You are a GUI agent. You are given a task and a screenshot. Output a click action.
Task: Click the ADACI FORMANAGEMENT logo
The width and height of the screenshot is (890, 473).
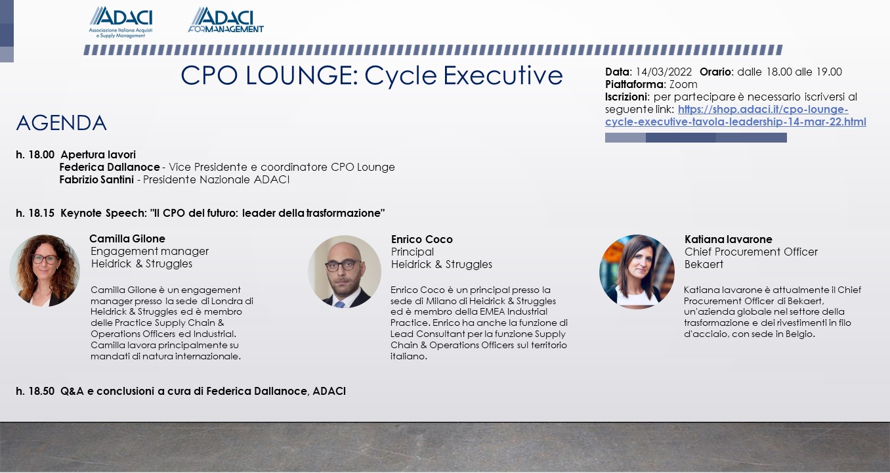click(x=226, y=20)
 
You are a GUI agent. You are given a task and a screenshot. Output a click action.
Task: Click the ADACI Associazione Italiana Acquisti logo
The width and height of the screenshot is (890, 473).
click(x=121, y=22)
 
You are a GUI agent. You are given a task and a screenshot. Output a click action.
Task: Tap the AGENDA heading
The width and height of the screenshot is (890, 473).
click(x=61, y=123)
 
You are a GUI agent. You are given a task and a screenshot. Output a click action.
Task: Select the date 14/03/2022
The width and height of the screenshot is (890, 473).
click(x=664, y=72)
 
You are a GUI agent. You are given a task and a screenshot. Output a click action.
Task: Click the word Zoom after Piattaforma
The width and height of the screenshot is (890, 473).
click(x=683, y=84)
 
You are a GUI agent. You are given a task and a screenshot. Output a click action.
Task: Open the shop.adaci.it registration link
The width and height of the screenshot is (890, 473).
click(x=736, y=116)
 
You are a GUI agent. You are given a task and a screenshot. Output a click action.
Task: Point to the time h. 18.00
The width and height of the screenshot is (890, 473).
click(x=35, y=154)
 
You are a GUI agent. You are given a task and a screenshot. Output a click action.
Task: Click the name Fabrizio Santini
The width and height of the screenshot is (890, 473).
click(x=96, y=180)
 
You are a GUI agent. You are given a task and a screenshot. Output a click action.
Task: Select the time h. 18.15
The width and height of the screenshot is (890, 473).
click(x=35, y=214)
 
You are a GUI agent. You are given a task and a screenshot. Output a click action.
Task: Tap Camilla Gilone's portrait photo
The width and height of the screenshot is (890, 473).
click(x=45, y=271)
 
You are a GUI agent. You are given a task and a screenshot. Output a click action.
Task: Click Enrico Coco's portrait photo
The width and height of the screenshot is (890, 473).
click(x=345, y=271)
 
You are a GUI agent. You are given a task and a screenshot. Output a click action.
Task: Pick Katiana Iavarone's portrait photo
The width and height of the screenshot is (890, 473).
click(x=637, y=271)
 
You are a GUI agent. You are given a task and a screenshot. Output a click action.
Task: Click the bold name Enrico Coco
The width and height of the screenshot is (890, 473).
click(x=422, y=240)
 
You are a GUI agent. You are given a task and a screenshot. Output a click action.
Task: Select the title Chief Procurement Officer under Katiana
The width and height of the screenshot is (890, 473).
click(x=751, y=252)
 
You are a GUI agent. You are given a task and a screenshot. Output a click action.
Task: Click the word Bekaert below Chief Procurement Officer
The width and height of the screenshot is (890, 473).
click(x=704, y=265)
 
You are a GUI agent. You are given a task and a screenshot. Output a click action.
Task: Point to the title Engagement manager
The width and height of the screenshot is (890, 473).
click(x=150, y=252)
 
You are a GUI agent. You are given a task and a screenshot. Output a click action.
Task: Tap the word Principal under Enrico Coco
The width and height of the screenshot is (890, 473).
click(x=412, y=252)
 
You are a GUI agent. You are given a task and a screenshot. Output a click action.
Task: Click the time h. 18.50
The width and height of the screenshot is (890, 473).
click(x=35, y=392)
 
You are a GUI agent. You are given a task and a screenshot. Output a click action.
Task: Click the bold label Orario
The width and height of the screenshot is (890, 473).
click(x=716, y=72)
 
